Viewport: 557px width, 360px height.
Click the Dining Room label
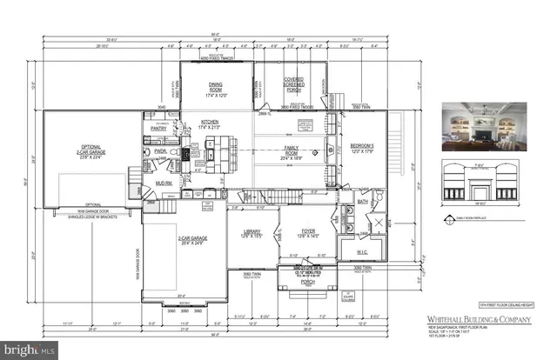point(216,85)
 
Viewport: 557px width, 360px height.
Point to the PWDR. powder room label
point(160,151)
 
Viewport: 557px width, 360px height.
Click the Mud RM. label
point(163,183)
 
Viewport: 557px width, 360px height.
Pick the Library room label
point(252,232)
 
